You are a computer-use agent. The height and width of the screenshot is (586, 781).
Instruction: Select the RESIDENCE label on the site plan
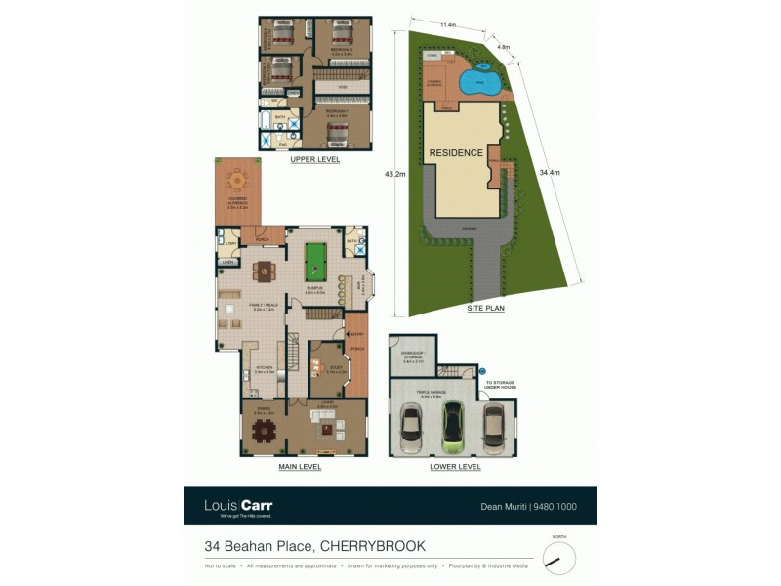454,153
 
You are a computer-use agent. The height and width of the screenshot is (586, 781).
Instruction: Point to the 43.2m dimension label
394,174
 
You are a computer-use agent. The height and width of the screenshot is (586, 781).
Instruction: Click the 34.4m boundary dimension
550,173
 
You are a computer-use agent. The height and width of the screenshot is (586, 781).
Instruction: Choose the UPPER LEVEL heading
314,159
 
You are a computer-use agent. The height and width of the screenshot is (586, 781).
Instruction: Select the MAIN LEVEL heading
300,467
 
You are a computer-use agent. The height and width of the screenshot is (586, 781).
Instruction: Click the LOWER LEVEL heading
455,467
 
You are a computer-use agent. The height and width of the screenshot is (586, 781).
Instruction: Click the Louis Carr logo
237,506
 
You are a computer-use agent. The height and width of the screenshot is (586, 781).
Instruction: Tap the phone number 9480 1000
561,506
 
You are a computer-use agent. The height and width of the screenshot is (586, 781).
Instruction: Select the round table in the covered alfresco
237,181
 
